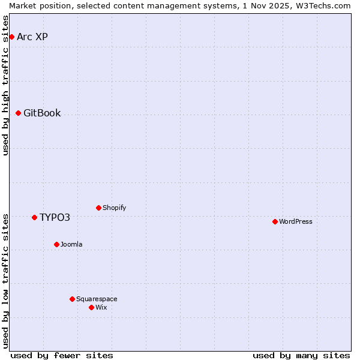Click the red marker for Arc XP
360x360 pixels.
click(11, 37)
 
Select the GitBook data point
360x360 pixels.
click(18, 113)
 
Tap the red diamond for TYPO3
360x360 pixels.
click(34, 217)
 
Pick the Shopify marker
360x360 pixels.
click(98, 208)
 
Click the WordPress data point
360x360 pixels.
click(275, 222)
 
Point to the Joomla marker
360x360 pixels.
click(56, 245)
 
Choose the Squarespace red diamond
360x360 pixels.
click(72, 299)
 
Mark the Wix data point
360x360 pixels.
click(91, 308)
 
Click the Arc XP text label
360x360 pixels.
click(32, 37)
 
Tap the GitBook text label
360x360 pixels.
click(42, 113)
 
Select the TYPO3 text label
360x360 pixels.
click(55, 217)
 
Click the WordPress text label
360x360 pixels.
click(296, 222)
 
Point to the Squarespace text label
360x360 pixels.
click(97, 299)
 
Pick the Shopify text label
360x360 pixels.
click(114, 208)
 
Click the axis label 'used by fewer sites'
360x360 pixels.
click(62, 355)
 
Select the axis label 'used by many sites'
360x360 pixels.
click(301, 355)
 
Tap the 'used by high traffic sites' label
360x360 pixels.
click(5, 85)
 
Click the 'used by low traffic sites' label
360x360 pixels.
click(5, 280)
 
